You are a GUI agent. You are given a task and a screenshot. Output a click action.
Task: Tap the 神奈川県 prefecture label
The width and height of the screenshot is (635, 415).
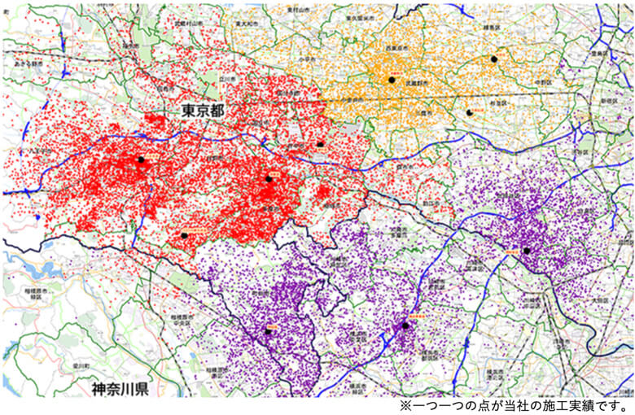click(x=119, y=388)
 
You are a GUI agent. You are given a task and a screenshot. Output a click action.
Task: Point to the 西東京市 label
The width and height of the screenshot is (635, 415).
click(x=396, y=48)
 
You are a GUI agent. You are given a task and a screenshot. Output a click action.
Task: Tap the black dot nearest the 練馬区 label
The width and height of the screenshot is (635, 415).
click(x=493, y=59)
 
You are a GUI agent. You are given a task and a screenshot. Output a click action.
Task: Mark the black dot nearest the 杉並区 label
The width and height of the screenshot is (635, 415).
click(x=470, y=113)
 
